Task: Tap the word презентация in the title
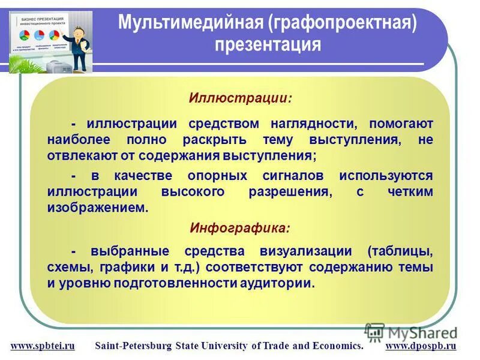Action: pos(268,44)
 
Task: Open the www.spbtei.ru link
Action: pos(43,346)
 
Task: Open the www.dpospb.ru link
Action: pos(421,346)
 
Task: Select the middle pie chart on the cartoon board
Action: pos(40,34)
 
